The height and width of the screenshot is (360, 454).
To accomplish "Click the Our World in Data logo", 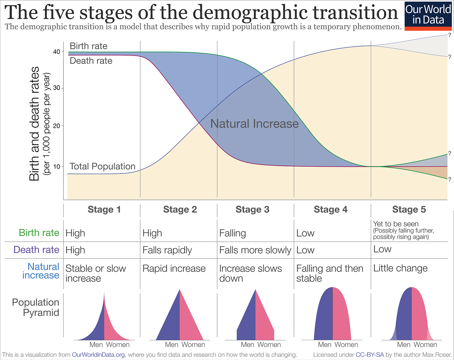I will (x=428, y=16).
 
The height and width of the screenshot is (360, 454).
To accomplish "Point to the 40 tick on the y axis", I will (x=56, y=52).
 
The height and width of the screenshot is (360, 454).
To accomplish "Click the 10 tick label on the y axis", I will (x=56, y=166).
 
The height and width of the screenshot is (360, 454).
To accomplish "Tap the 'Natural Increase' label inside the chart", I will (x=254, y=124).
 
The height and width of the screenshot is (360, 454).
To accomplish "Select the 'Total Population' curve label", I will (x=102, y=166).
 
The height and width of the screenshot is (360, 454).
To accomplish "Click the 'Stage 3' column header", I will (x=252, y=210).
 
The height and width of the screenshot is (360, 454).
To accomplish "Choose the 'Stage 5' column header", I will (x=409, y=210).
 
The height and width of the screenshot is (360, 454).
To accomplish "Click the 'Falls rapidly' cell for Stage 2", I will (x=167, y=250).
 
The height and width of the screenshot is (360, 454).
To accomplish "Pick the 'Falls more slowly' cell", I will (x=255, y=250).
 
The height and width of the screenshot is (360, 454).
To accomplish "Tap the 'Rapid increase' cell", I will (x=174, y=269).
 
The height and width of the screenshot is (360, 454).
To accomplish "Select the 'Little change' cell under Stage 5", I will (x=400, y=268).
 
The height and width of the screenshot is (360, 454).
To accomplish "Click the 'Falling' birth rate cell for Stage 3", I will (x=233, y=233).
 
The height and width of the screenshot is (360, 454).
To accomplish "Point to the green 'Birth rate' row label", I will (x=39, y=233).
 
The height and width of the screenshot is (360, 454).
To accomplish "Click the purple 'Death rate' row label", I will (x=36, y=250).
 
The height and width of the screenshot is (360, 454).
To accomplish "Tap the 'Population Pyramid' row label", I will (x=36, y=307).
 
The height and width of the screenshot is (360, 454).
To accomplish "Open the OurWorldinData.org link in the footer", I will (x=98, y=355).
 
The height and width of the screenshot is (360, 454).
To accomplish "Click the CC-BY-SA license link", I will (x=370, y=355).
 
